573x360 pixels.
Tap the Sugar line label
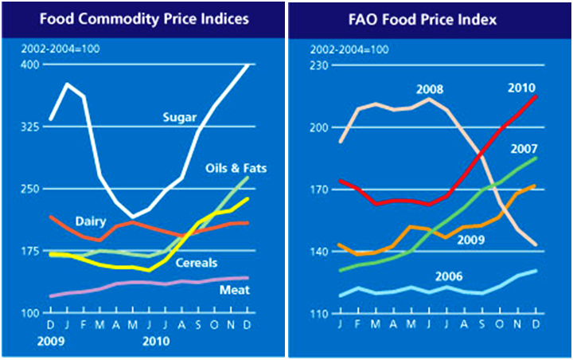[x=179, y=118]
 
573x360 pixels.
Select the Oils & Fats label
[x=236, y=168]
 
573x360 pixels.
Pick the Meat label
[x=234, y=290]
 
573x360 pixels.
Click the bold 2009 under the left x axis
[x=49, y=340]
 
